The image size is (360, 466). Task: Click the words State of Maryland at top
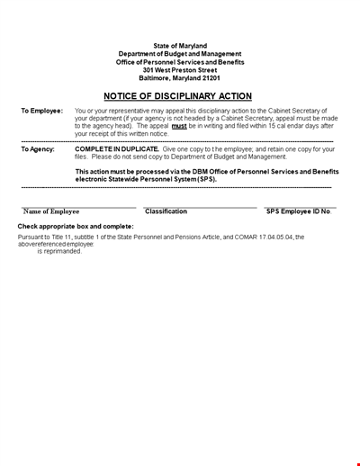(x=180, y=46)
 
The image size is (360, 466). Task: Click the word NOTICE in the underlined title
(x=125, y=96)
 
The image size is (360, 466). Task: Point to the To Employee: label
(x=41, y=111)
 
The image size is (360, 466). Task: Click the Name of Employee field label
(x=51, y=211)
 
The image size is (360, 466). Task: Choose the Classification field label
(x=166, y=211)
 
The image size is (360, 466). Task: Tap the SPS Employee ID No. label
(x=299, y=211)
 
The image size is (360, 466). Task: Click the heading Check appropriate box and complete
(x=76, y=226)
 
